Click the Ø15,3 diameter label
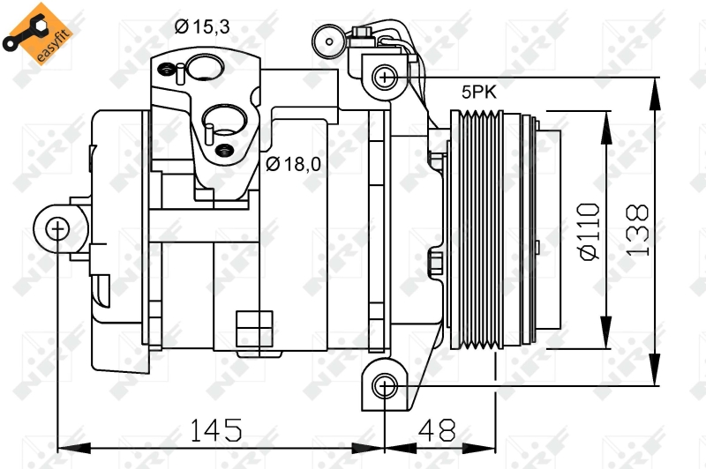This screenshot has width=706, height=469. point(202,27)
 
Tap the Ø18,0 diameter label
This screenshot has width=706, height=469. point(293,164)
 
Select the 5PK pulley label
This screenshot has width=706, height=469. point(478,93)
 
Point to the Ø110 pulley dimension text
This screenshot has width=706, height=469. point(590,232)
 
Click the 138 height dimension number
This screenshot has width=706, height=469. point(637,230)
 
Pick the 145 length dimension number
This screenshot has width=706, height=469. point(216,430)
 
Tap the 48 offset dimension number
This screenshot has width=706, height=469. point(437,430)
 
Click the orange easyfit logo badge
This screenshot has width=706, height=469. point(38,33)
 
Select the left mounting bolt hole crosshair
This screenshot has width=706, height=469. point(57,229)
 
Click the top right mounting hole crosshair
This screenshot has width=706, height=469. point(385,78)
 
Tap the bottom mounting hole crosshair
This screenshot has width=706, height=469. point(385,386)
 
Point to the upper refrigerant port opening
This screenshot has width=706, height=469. point(206,68)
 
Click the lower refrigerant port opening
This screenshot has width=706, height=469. point(225,120)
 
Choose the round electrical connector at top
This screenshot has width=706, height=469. point(329,41)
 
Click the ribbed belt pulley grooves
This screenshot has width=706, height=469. point(477,229)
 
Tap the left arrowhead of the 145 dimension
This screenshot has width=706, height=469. point(74,448)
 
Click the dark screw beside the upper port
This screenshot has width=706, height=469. point(167,70)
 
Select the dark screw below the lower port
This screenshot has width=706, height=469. point(225,151)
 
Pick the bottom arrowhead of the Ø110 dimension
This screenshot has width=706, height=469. point(606,331)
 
